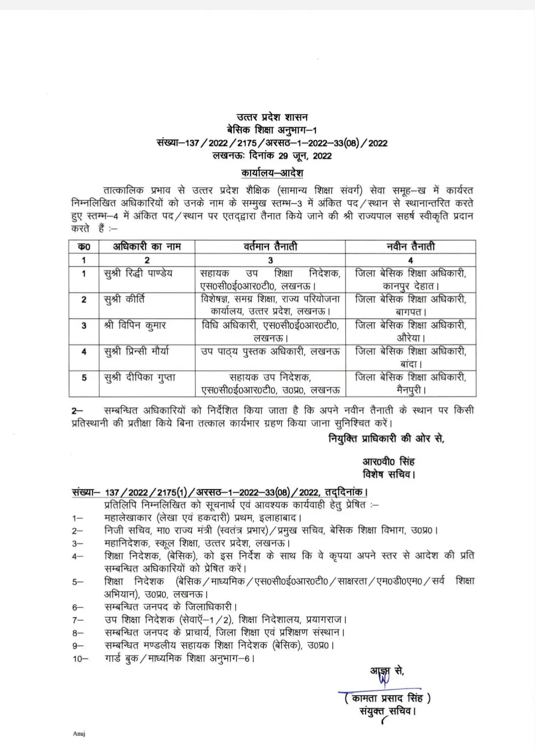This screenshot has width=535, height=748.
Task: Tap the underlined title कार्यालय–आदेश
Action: tap(272, 173)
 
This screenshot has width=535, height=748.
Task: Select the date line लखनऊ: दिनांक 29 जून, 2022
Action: tap(271, 156)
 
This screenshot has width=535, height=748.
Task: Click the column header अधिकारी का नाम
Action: tap(147, 246)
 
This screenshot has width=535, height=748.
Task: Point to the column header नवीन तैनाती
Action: tap(410, 246)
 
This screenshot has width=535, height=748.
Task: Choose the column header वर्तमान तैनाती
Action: tap(270, 246)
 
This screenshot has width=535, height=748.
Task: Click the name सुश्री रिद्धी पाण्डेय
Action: tap(138, 273)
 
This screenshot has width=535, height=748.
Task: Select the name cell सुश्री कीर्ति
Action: tap(124, 299)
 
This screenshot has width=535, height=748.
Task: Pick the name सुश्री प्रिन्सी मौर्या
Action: tap(136, 351)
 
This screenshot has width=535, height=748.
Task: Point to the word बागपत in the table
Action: tap(411, 312)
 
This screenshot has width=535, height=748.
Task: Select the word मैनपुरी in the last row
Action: tap(411, 390)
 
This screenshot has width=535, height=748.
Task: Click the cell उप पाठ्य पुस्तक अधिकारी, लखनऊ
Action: tap(270, 351)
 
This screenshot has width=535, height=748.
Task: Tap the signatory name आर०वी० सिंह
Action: tap(388, 461)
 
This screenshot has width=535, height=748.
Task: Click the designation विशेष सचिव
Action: tap(388, 474)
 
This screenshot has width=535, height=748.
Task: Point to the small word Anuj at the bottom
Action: tap(79, 733)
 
